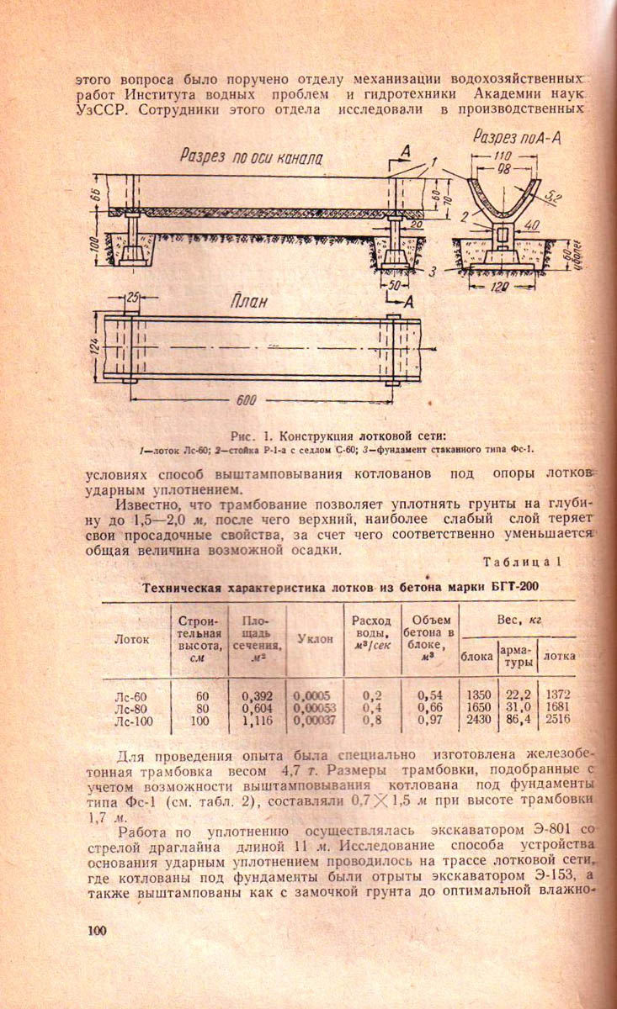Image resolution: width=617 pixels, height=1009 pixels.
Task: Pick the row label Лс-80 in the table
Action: pos(130,708)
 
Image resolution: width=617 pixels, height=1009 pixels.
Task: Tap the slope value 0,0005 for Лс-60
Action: pos(312,696)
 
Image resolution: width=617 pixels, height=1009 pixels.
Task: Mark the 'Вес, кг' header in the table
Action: pos(519,620)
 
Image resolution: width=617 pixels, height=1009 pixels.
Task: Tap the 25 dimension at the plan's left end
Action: pos(130,298)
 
